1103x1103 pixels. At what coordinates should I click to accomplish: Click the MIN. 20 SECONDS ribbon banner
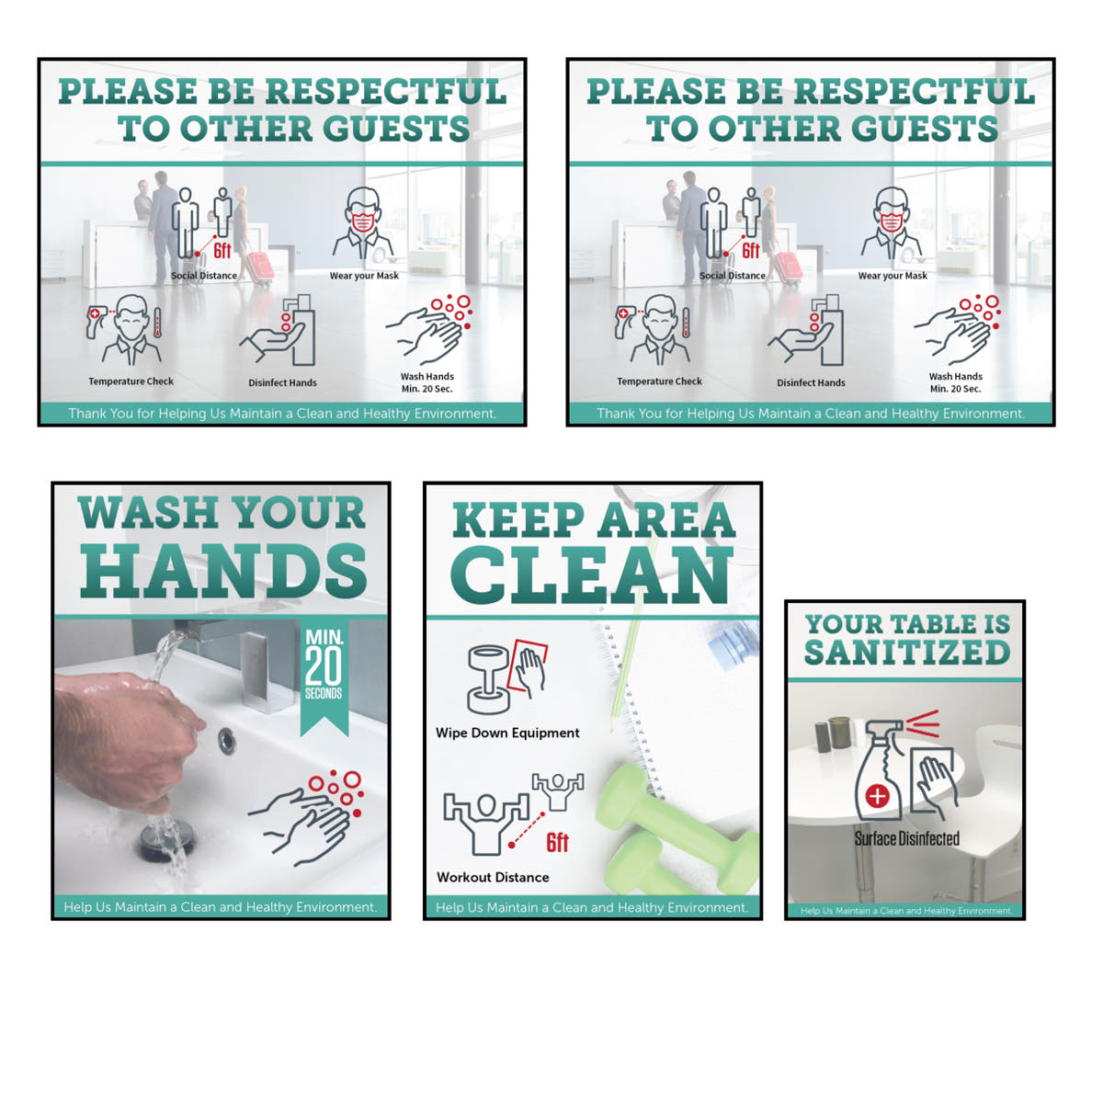point(324,676)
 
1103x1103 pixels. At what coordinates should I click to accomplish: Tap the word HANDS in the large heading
point(223,571)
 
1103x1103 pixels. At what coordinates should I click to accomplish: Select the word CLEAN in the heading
point(592,575)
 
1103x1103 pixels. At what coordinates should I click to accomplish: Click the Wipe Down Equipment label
point(507,733)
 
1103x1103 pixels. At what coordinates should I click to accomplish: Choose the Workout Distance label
point(493,878)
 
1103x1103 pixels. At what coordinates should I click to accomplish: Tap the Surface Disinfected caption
point(906,839)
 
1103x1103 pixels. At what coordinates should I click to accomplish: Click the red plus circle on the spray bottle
point(876,797)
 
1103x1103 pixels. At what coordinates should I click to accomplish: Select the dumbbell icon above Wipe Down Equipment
point(488,679)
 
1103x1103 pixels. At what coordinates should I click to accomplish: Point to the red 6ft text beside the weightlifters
point(557,843)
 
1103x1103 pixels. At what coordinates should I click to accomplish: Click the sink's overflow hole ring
point(227,741)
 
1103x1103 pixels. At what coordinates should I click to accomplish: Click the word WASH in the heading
point(149,513)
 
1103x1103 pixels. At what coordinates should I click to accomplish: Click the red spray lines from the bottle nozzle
point(922,724)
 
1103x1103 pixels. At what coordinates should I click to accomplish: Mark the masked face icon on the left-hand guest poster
point(363,223)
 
